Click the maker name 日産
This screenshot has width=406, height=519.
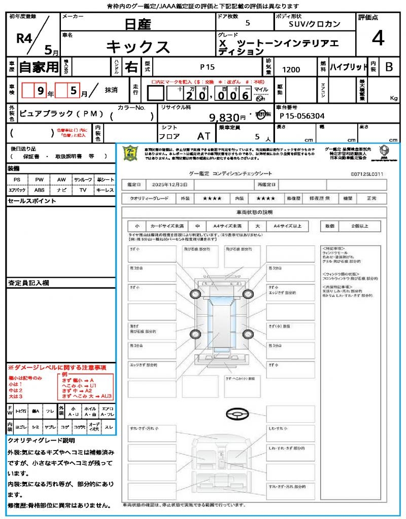[x=138, y=23]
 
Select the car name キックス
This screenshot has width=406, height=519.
[x=138, y=47]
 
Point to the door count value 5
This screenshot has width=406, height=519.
[x=247, y=23]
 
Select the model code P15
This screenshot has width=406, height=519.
[x=207, y=66]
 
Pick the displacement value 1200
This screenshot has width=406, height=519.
[x=291, y=70]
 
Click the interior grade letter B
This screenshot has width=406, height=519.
[x=389, y=67]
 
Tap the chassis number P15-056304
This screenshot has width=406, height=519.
[x=302, y=116]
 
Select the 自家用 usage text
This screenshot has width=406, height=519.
[x=39, y=67]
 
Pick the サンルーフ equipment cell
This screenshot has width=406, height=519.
[x=83, y=180]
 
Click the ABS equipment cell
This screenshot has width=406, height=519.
[x=39, y=190]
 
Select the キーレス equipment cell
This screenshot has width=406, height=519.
[x=105, y=190]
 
